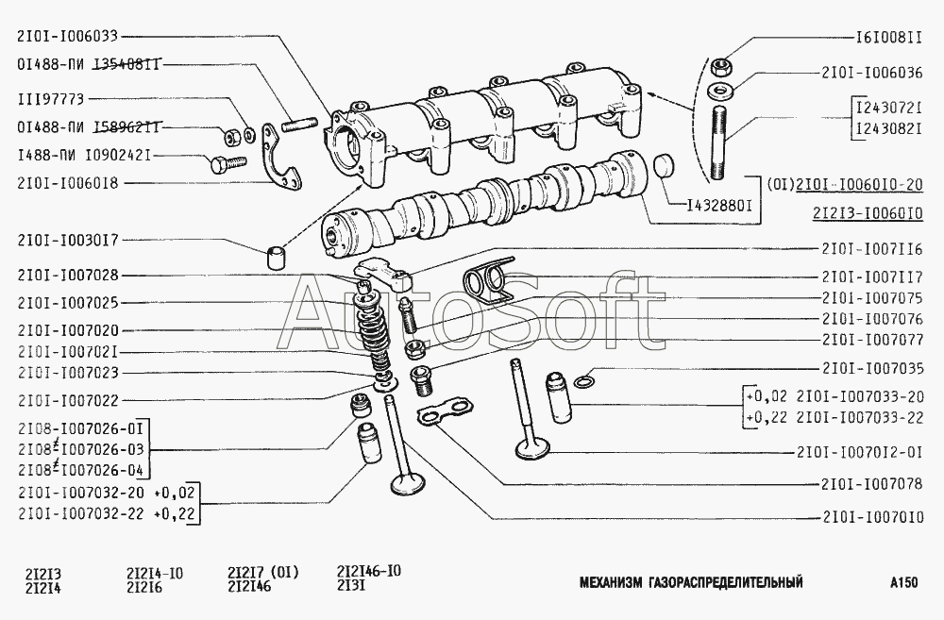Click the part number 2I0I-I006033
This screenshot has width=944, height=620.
click(x=68, y=37)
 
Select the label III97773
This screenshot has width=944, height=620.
click(x=51, y=99)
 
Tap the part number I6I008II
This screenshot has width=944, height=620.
click(x=888, y=38)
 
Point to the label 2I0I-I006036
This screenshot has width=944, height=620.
click(x=871, y=73)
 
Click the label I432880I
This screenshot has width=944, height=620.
click(x=720, y=206)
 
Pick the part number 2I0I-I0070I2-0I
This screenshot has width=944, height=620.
click(x=859, y=452)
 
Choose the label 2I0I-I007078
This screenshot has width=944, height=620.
click(x=871, y=483)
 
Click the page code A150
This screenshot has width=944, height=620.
click(x=904, y=582)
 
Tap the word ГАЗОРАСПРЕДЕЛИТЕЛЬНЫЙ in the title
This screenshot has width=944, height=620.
click(x=726, y=582)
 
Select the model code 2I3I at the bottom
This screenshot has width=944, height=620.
click(x=351, y=586)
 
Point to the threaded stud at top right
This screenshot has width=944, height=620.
click(x=719, y=142)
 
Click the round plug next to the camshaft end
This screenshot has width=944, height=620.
click(x=664, y=165)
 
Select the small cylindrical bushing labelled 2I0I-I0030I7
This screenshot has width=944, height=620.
click(x=276, y=257)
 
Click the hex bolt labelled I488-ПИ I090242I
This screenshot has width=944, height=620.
click(x=228, y=162)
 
